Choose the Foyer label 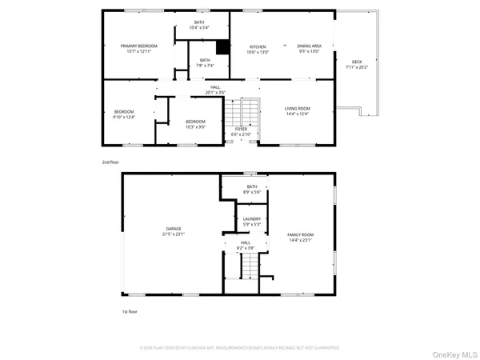(x=241, y=131)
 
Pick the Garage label (x=174, y=231)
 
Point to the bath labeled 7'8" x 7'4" (x=205, y=62)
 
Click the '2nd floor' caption (x=110, y=162)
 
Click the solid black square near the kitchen (x=223, y=47)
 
